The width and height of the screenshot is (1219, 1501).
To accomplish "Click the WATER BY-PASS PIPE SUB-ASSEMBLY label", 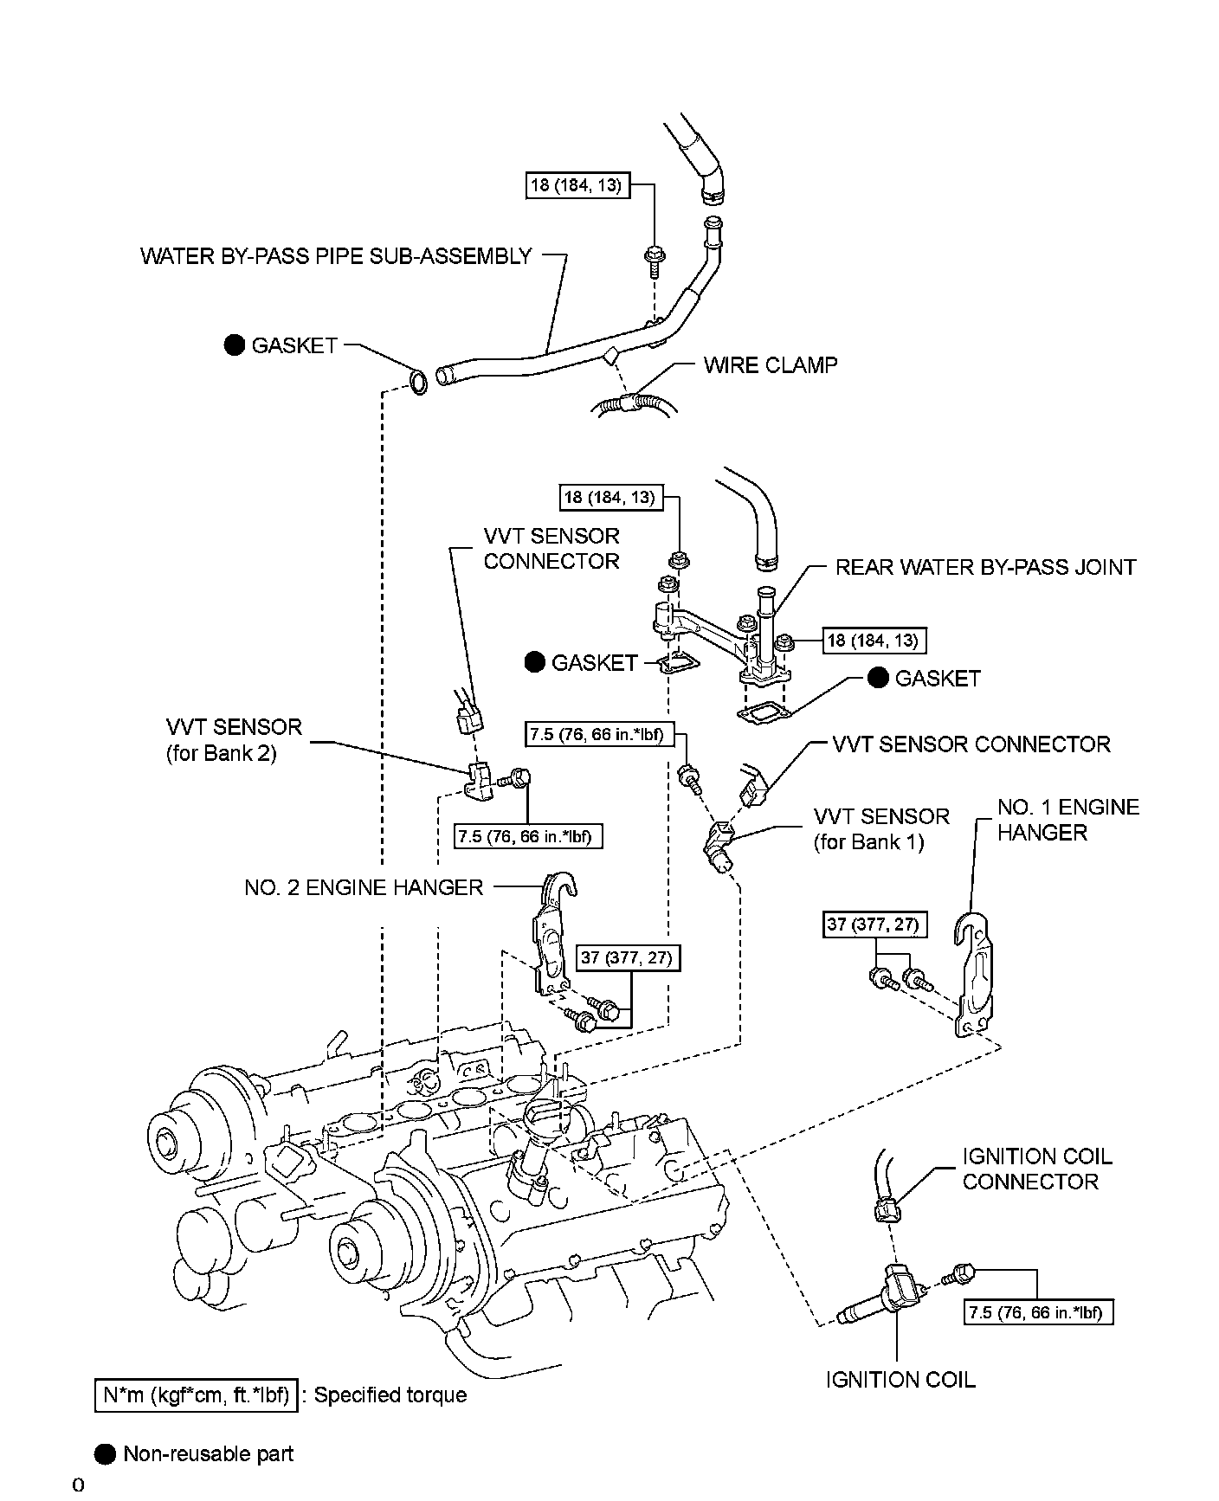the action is pos(336,256).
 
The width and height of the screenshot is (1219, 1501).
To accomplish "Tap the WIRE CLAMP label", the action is pos(771,365).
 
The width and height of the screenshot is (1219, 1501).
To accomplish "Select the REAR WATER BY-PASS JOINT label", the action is pos(985,567).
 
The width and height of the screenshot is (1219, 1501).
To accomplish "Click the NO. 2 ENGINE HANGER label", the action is pos(364,887).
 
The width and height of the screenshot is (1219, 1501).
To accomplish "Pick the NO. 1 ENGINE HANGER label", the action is pos(1068,820).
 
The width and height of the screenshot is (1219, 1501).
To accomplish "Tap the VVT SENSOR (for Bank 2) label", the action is pos(234,739).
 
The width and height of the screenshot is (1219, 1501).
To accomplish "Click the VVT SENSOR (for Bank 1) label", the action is pos(881,829).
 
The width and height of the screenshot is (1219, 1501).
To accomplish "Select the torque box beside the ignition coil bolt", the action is pos(1038,1312).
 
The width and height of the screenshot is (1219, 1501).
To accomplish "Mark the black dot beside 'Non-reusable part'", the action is pos(106,1453).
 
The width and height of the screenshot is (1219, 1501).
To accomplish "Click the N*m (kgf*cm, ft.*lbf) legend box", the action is pos(196,1395).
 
